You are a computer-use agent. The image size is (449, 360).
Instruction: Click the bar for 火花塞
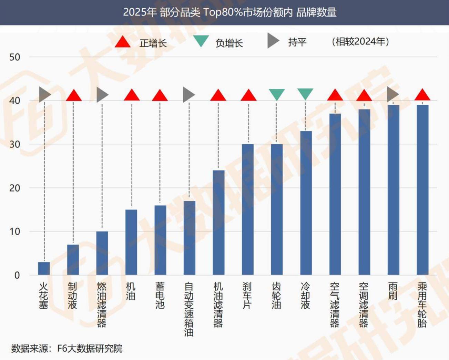(x=44, y=268)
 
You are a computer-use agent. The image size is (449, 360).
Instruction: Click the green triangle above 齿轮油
(x=277, y=94)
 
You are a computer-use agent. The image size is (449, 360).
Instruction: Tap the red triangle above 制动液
(x=73, y=95)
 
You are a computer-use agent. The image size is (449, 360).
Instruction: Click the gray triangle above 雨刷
(x=392, y=94)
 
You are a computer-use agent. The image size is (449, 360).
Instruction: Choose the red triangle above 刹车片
(x=248, y=95)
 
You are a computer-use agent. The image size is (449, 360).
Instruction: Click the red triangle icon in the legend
(x=123, y=42)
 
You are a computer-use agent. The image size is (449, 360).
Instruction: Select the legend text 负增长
(x=229, y=43)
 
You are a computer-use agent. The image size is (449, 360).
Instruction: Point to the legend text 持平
(x=297, y=42)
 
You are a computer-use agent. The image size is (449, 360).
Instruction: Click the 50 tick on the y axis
(x=14, y=57)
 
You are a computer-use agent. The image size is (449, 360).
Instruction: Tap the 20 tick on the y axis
(x=14, y=188)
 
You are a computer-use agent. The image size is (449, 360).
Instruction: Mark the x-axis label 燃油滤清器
(x=102, y=305)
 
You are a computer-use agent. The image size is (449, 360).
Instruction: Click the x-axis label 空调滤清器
(x=364, y=305)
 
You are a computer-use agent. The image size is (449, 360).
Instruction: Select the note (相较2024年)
(x=360, y=42)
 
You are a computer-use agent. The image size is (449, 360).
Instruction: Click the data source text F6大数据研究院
(x=90, y=349)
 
